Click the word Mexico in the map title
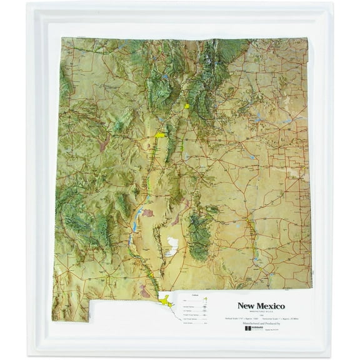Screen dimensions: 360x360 click(x=270, y=306)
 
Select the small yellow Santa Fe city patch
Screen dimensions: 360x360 click(x=187, y=106)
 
